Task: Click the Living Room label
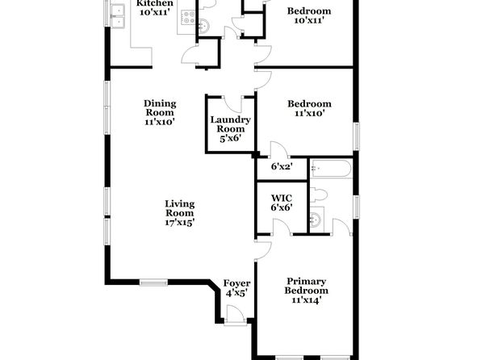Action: coord(180,212)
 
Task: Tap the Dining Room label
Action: coord(160,112)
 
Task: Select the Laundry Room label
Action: coord(230,129)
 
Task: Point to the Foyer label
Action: coord(236,288)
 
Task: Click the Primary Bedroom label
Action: coord(306,291)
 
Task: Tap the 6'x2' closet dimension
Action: coord(282,166)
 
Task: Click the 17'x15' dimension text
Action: coord(180,222)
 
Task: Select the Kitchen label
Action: coord(155,3)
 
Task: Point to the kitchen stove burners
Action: coord(188,18)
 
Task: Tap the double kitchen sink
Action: coord(118,16)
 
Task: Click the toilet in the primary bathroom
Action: coord(319,195)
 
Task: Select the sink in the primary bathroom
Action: coord(316,219)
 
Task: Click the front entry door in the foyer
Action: coord(236,314)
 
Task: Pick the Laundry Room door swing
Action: coord(233,104)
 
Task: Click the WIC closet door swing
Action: coord(282,227)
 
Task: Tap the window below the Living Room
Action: coord(153,283)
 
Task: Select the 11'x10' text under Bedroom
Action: coord(310,113)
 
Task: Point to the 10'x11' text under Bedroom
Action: coord(309,20)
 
